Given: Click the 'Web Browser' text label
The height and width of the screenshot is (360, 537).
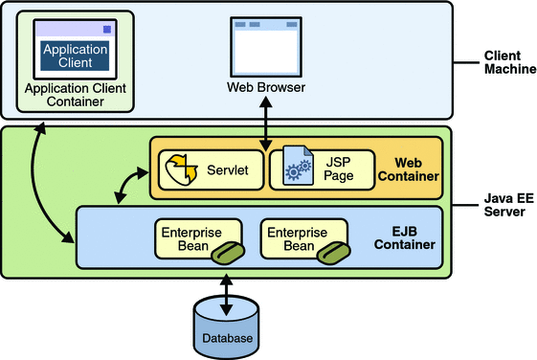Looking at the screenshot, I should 265,88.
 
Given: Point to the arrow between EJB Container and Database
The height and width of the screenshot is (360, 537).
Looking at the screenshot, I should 227,295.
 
